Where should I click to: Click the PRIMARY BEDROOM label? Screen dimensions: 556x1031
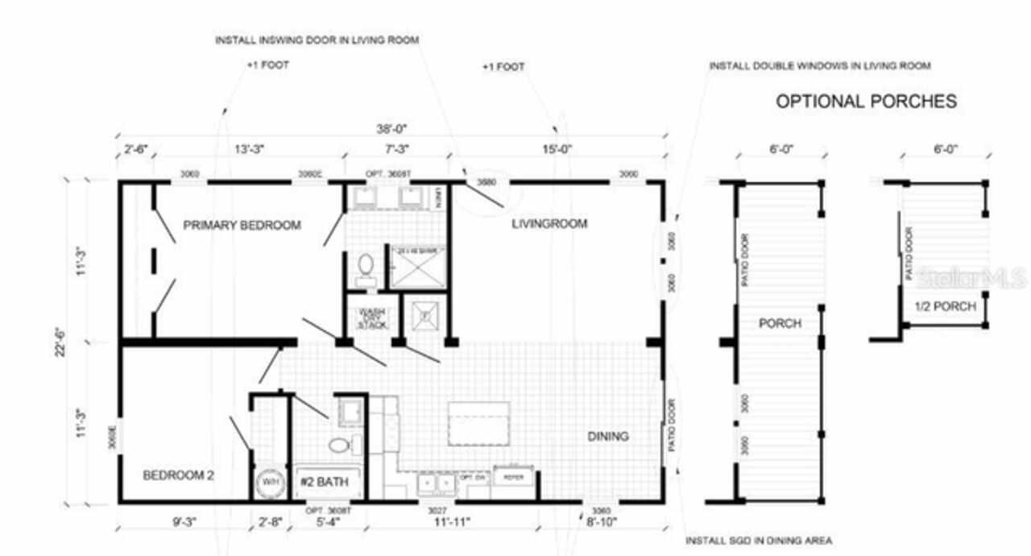[x=242, y=225]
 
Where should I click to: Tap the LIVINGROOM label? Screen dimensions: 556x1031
[x=550, y=223]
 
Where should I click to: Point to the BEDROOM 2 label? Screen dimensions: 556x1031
[x=178, y=475]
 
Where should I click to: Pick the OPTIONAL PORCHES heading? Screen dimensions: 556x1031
[x=866, y=102]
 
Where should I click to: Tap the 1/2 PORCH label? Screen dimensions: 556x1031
[x=945, y=306]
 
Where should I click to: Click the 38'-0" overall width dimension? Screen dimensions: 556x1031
[x=391, y=129]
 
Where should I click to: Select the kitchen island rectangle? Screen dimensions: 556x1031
[x=479, y=423]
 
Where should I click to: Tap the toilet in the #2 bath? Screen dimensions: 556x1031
[x=338, y=446]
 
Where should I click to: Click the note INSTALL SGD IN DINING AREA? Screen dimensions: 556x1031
[x=758, y=541]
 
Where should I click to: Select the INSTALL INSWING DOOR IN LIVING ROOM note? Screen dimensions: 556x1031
[x=317, y=39]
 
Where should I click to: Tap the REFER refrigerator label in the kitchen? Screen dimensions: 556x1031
[x=513, y=477]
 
